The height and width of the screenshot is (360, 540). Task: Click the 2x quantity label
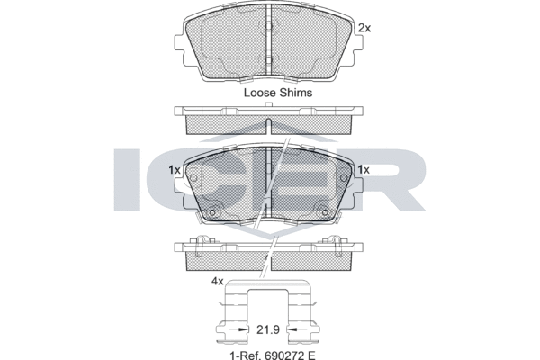pyautogui.click(x=364, y=28)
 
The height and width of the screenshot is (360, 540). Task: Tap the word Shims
pyautogui.click(x=296, y=93)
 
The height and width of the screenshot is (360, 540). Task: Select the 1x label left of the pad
pyautogui.click(x=175, y=170)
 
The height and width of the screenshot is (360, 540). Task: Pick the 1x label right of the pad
pyautogui.click(x=364, y=170)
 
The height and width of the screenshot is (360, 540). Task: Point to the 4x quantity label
pyautogui.click(x=217, y=282)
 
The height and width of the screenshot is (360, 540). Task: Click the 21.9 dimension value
pyautogui.click(x=268, y=329)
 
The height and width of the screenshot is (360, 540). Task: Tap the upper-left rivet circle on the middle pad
pyautogui.click(x=193, y=178)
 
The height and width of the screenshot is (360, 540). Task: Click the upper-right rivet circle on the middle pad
pyautogui.click(x=344, y=178)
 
